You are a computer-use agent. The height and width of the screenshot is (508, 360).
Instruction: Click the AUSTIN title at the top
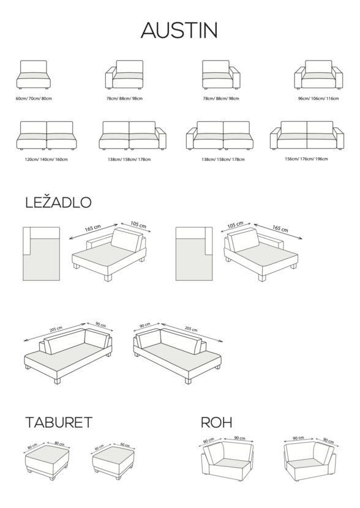coord(179,31)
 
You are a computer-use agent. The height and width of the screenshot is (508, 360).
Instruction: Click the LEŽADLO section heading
coord(58,202)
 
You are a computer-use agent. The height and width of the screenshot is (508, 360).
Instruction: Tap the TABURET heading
coord(59,422)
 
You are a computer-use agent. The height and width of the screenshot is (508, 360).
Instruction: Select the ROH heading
coord(217,422)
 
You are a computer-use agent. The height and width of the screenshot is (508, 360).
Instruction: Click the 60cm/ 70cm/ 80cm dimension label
coord(34,99)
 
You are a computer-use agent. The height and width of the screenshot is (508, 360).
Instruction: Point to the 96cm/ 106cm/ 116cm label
coord(318,99)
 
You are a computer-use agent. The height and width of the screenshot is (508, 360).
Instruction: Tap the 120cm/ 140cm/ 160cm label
coord(47,159)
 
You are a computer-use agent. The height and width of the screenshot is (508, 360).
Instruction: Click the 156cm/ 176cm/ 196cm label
coord(306,159)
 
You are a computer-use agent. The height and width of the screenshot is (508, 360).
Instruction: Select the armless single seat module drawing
coord(34,75)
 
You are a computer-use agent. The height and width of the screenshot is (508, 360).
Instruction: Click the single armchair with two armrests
coord(318,75)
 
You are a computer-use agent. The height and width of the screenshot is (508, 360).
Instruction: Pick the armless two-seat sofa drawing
coord(47,136)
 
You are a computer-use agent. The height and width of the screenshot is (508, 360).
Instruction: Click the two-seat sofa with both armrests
coord(307,135)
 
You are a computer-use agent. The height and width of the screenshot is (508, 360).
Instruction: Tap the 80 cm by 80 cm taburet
coord(47,462)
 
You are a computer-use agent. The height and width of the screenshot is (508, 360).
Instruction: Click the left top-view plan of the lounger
coord(42,253)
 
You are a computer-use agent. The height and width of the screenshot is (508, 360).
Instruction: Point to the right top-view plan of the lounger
coord(194,253)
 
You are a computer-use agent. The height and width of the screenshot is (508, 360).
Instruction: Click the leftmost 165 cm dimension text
coord(92,228)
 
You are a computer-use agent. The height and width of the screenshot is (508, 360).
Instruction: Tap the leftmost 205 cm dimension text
coord(56,329)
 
